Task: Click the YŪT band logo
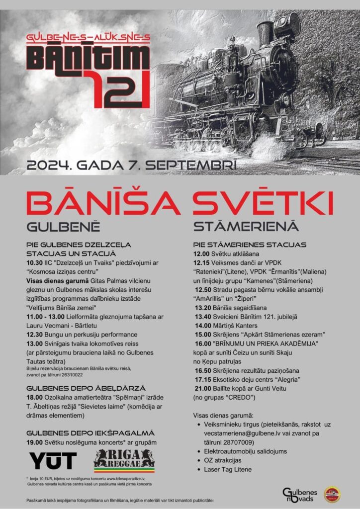click(53, 461)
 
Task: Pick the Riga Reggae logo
click(124, 460)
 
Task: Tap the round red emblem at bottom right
click(332, 495)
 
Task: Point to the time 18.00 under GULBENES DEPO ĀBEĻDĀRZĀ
click(34, 398)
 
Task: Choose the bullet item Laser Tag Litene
click(228, 469)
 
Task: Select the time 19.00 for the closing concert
click(34, 442)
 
